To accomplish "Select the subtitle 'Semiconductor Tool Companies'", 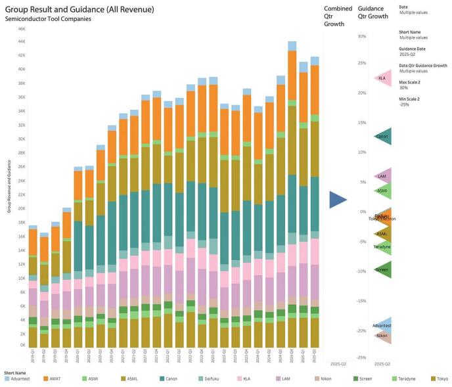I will [48, 18].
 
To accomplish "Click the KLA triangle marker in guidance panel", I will [382, 78].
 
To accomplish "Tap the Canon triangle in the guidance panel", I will [382, 137].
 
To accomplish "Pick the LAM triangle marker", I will [382, 176].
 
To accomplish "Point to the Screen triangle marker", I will [382, 269].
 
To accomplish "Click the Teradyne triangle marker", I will [382, 246].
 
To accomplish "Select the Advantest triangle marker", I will [382, 325].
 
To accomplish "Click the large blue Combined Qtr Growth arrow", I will [338, 200].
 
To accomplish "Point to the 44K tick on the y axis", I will [21, 41].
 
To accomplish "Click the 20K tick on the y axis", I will [21, 208].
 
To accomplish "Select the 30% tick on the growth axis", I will [361, 36].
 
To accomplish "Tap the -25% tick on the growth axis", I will [361, 357].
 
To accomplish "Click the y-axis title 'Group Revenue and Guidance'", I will [9, 186].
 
